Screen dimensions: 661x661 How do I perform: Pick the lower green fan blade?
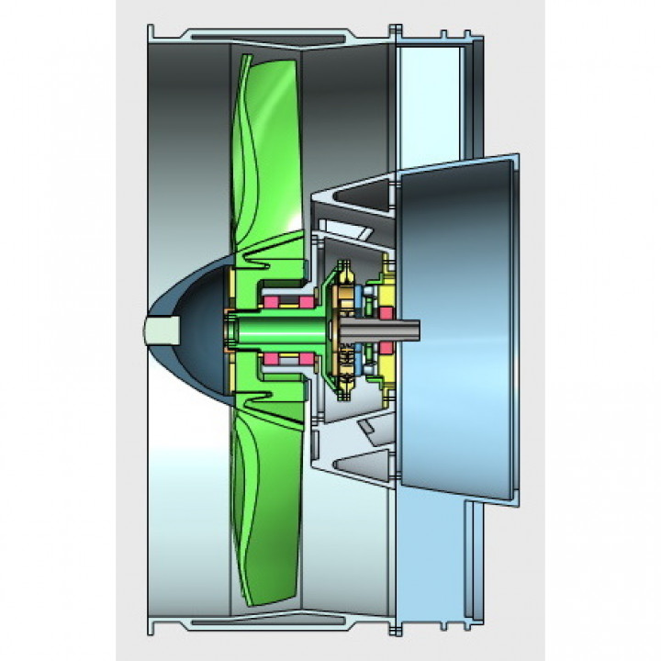pyautogui.click(x=262, y=496)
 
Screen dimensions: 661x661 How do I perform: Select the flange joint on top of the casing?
pyautogui.click(x=396, y=33)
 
